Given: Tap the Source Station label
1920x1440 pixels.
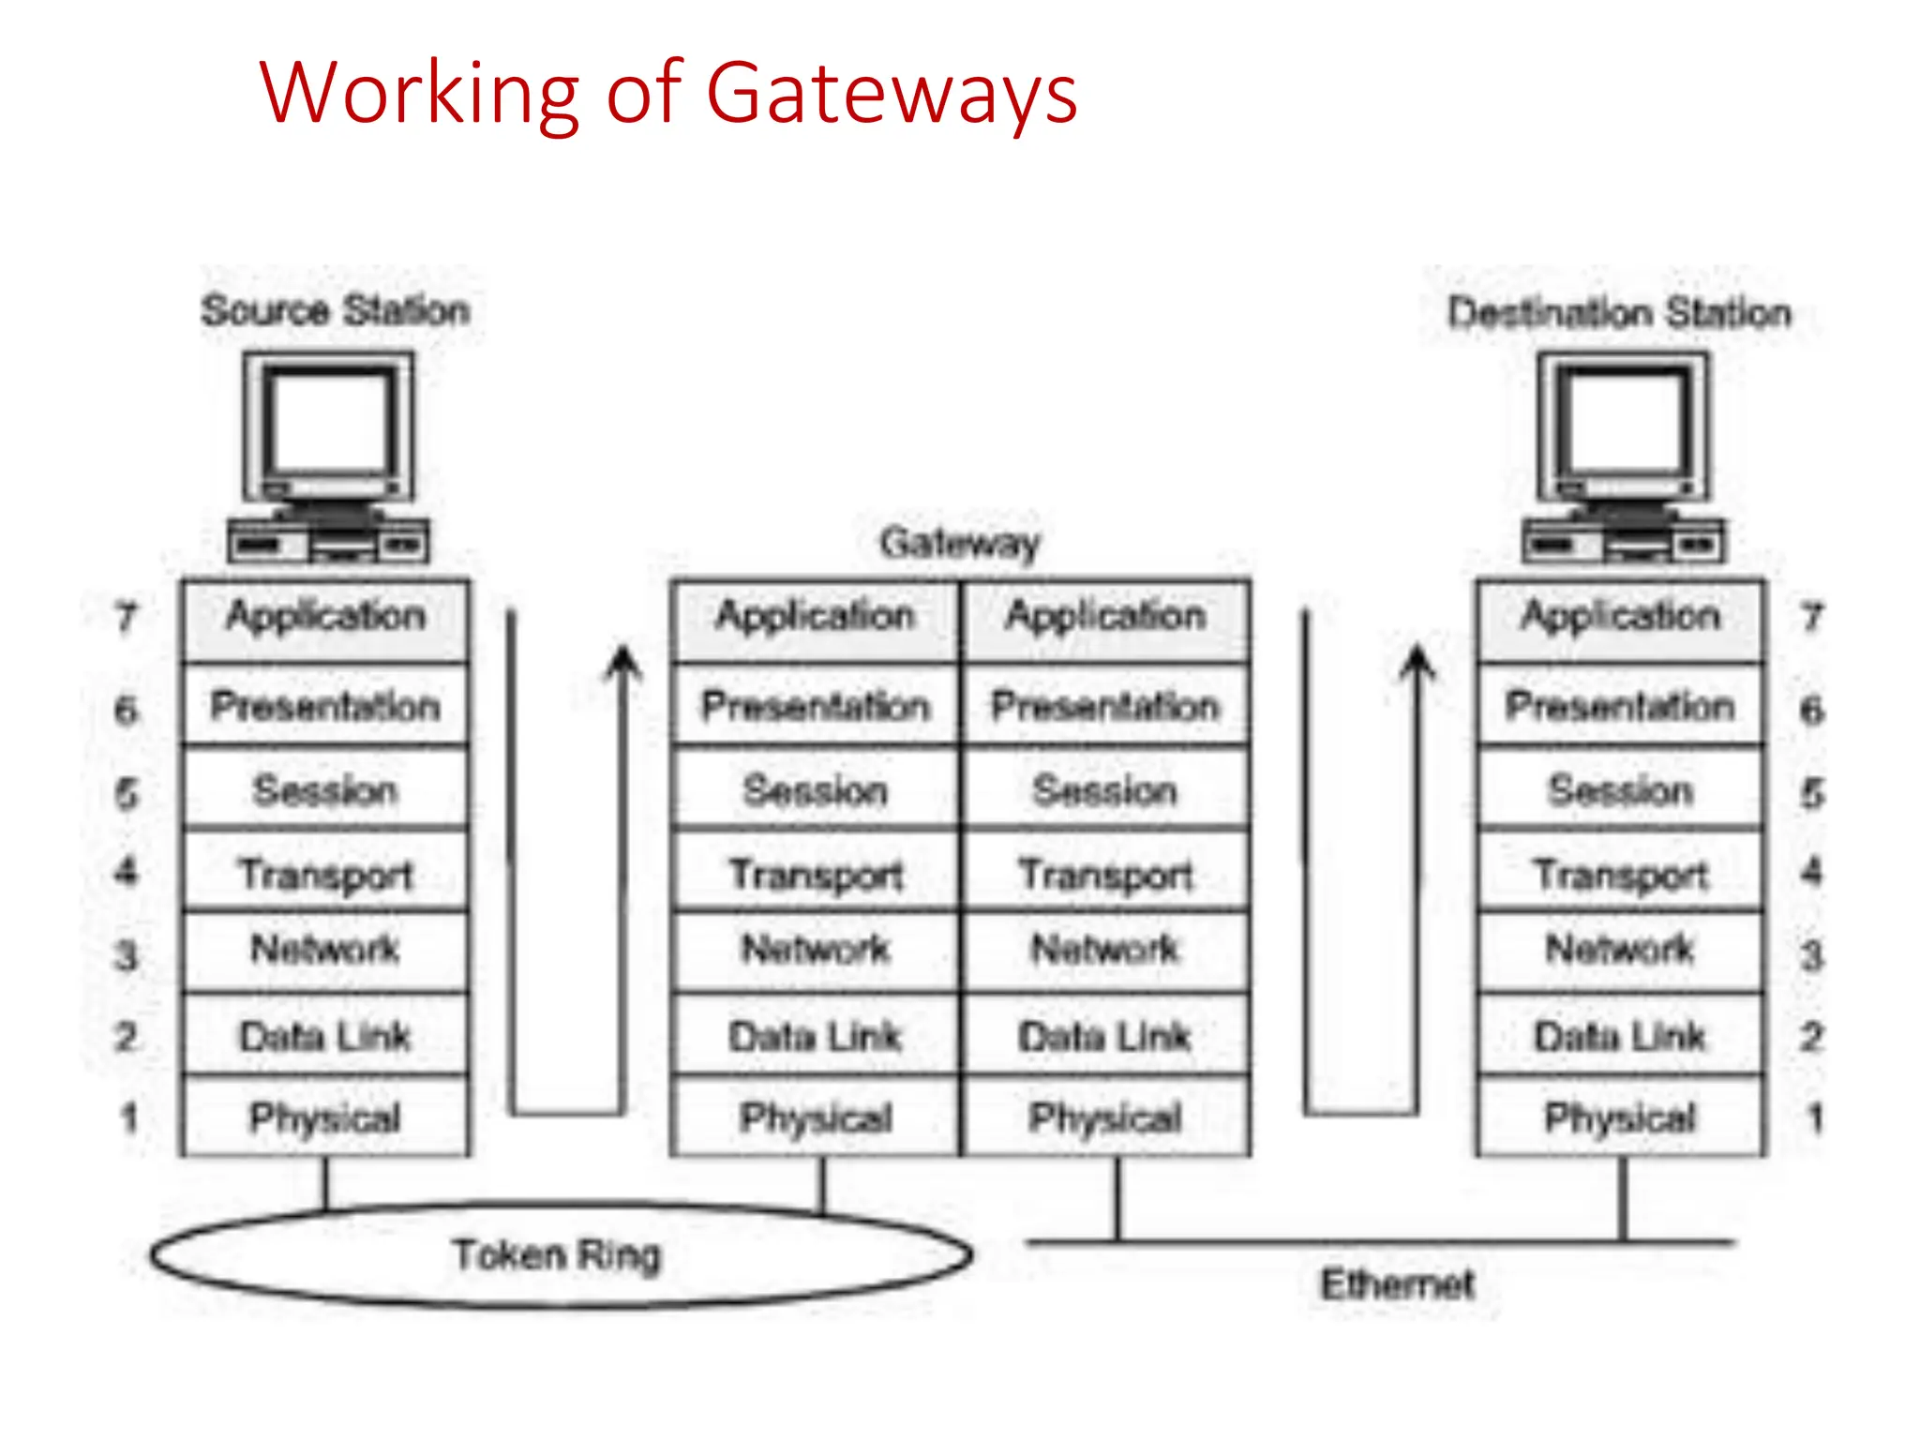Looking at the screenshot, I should (335, 310).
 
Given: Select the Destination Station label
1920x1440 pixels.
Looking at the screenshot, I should (1619, 312).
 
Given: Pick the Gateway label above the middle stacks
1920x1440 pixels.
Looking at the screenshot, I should (960, 543).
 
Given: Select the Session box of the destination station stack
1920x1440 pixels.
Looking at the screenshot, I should (1620, 790).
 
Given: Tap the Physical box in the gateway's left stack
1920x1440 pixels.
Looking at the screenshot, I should (815, 1117).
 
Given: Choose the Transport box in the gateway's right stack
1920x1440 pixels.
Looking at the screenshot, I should (1105, 874).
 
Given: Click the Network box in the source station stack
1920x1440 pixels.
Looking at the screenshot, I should (325, 950).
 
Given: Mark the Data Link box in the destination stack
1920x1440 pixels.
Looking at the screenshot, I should (1620, 1036).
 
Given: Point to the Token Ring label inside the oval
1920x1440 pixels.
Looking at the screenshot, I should (557, 1254).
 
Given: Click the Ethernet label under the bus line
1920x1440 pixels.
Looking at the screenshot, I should (1397, 1284).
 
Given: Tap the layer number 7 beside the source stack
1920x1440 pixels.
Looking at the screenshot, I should (127, 618).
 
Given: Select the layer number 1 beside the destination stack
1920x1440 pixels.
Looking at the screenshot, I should (1815, 1117).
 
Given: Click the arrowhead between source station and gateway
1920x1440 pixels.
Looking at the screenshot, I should (622, 661).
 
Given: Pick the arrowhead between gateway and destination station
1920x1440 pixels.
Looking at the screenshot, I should (1417, 661).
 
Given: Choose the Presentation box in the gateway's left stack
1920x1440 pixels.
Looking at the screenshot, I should (815, 706).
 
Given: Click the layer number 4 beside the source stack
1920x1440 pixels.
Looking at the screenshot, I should (127, 872).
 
